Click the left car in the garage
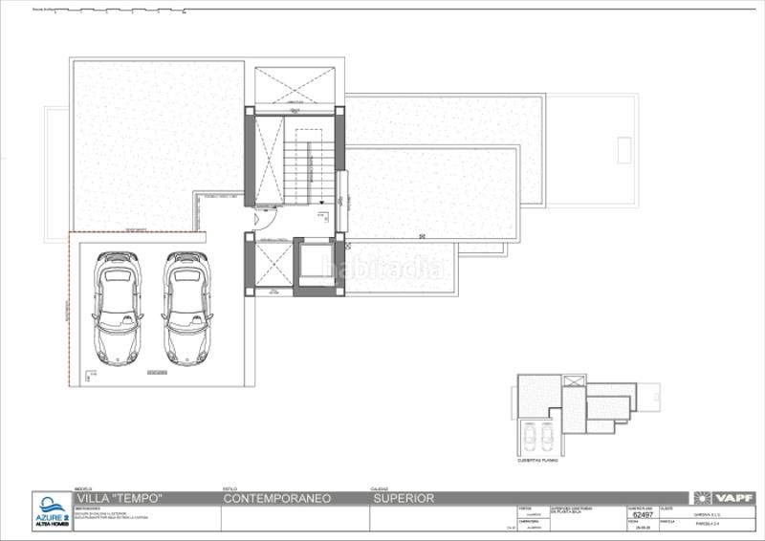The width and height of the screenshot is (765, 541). pos(118,308)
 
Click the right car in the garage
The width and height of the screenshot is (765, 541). pos(187,308)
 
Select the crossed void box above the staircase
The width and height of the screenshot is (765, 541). pos(295,86)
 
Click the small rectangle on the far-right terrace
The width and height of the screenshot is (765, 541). pos(623,149)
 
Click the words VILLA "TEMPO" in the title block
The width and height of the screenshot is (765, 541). pos(119,499)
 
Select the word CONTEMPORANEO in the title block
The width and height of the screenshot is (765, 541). pos(276,499)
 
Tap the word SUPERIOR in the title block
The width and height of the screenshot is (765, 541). pos(404,499)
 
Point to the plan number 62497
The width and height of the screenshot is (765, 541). pos(644,515)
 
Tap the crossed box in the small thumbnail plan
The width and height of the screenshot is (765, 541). pos(574,381)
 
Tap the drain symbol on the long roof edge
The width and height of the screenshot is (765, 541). pos(422,235)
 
